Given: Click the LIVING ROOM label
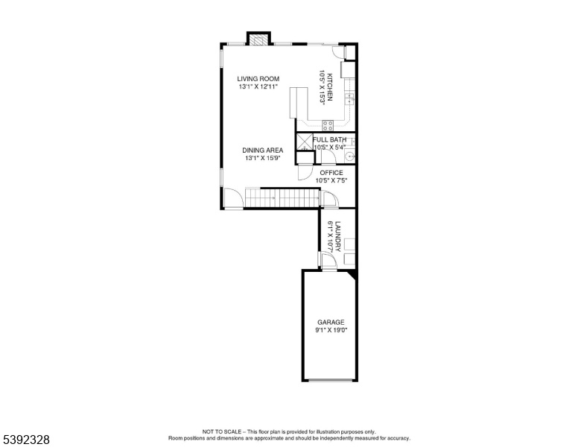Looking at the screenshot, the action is click(x=258, y=78).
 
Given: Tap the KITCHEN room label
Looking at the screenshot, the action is click(x=330, y=87).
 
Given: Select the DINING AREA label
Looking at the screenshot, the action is click(x=262, y=150).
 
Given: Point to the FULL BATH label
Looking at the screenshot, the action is click(x=329, y=140).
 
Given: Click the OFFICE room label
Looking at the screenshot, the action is click(x=331, y=173).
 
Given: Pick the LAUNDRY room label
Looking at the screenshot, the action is click(x=338, y=236).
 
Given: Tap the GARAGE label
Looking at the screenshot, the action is click(x=331, y=323).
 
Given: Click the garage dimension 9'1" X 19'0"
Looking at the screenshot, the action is click(x=331, y=331).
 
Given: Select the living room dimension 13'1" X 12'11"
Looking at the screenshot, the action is click(x=258, y=86).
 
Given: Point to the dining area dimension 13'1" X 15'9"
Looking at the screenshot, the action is click(x=262, y=158).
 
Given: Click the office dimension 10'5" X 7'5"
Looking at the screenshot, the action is click(x=331, y=181).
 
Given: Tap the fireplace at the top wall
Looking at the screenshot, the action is click(x=258, y=39).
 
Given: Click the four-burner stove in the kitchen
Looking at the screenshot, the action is click(x=328, y=125).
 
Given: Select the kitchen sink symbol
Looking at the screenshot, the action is click(x=349, y=98).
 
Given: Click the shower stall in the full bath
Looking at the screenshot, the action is click(x=305, y=142).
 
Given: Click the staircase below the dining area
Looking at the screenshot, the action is click(x=282, y=198).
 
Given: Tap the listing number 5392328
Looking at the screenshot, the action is click(x=26, y=440).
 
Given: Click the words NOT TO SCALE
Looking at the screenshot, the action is click(x=221, y=431).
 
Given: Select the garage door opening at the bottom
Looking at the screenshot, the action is click(x=330, y=380).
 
